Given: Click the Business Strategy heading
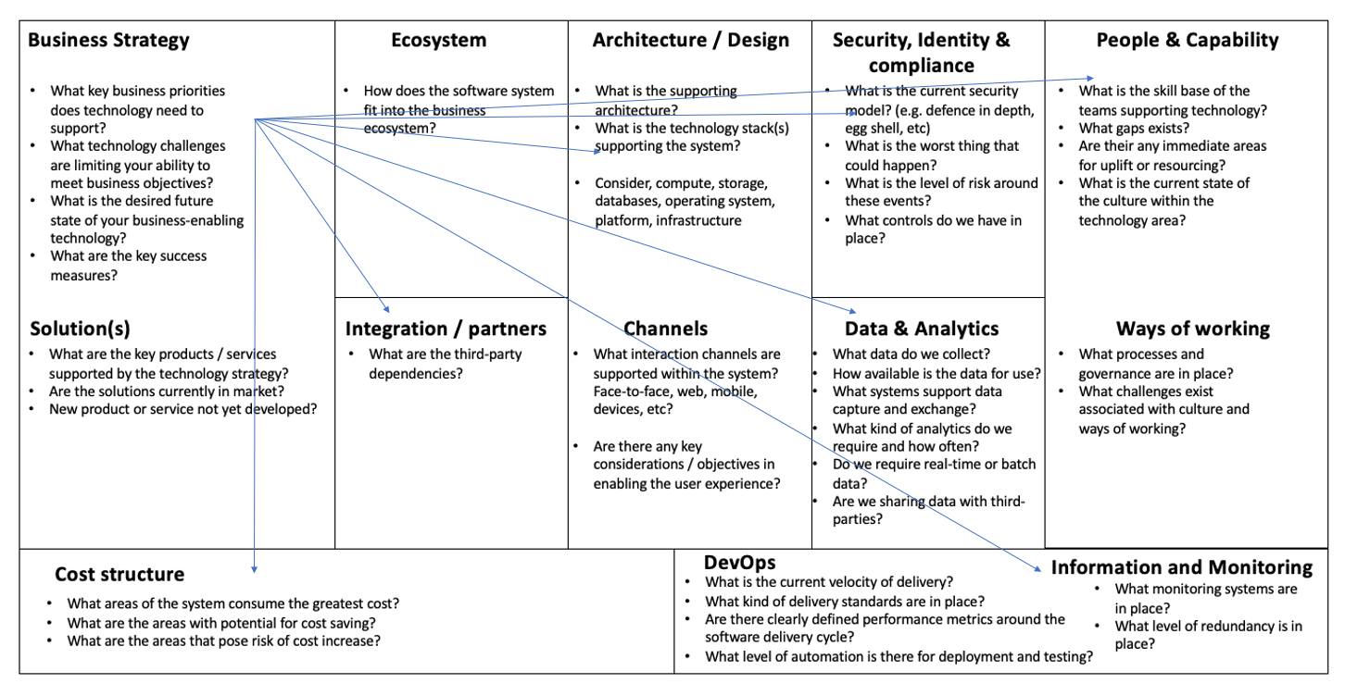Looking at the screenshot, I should pyautogui.click(x=108, y=40).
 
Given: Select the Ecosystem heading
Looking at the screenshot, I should pyautogui.click(x=438, y=40).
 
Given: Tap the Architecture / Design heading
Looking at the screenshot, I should pyautogui.click(x=690, y=40).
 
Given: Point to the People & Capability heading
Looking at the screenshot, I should pyautogui.click(x=1187, y=40).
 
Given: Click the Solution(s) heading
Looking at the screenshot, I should pyautogui.click(x=80, y=329).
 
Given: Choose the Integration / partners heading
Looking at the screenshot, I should pyautogui.click(x=446, y=329).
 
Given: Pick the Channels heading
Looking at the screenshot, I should pyautogui.click(x=665, y=329).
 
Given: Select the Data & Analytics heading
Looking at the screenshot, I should pyautogui.click(x=921, y=329).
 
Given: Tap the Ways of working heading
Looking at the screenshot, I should pyautogui.click(x=1192, y=329).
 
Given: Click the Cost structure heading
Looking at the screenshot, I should pyautogui.click(x=119, y=575).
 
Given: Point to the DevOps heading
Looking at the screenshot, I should pyautogui.click(x=739, y=562).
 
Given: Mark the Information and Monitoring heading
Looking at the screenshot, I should pyautogui.click(x=1181, y=567).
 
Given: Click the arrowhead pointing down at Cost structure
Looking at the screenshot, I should pyautogui.click(x=254, y=567).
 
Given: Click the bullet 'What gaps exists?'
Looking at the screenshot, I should pyautogui.click(x=1134, y=128).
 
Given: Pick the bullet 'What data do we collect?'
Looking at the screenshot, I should pyautogui.click(x=911, y=354).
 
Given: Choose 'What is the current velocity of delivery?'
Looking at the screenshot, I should pyautogui.click(x=828, y=582).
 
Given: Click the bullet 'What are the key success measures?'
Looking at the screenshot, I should pyautogui.click(x=129, y=265).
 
